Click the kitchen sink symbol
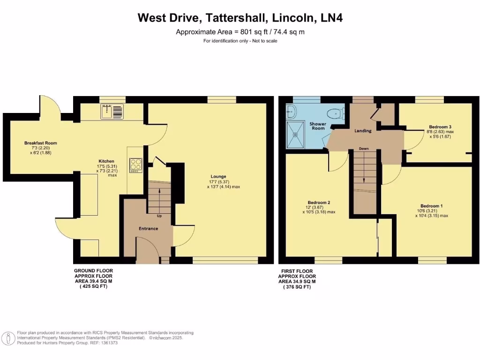112,111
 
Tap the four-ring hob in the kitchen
136,165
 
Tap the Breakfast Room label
40,143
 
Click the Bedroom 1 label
431,206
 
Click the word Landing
363,131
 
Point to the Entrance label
148,229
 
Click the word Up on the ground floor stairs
159,216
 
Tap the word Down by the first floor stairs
364,149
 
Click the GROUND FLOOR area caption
93,278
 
